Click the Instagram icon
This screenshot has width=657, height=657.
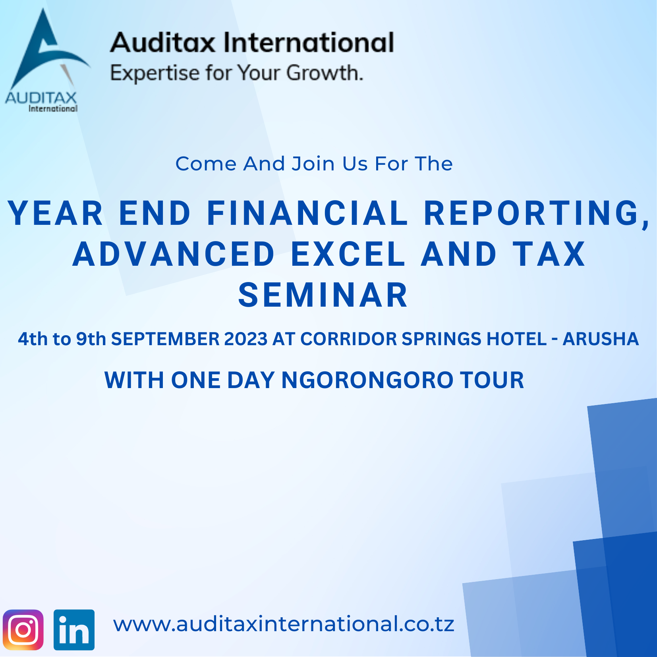click(x=23, y=630)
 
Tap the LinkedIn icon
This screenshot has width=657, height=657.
click(x=74, y=630)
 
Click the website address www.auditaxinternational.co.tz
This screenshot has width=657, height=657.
click(x=284, y=624)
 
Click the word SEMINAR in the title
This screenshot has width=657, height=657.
click(x=323, y=295)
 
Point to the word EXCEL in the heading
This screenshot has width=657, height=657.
click(x=348, y=254)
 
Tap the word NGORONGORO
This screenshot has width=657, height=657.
click(x=367, y=380)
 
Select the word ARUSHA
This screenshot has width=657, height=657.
click(x=601, y=339)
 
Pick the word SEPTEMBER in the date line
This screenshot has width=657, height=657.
click(x=165, y=339)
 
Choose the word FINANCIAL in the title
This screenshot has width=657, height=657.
click(x=308, y=213)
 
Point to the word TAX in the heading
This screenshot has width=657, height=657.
click(x=549, y=254)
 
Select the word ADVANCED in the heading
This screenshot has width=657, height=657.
click(x=174, y=254)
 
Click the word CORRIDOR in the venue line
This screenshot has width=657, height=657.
click(x=348, y=339)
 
